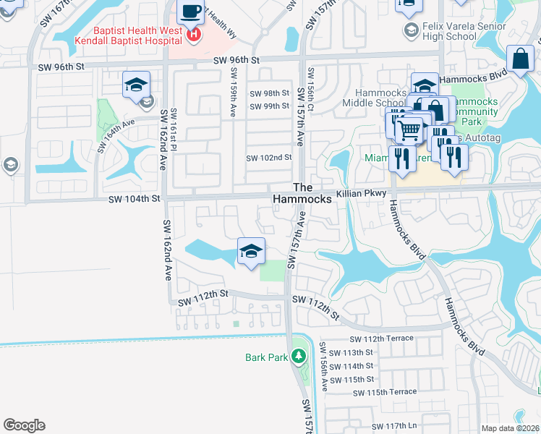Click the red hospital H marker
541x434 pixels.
(x=193, y=34)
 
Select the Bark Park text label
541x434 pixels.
(x=265, y=357)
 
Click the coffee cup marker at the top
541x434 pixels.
(x=191, y=12)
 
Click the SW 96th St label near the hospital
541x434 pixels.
(x=236, y=60)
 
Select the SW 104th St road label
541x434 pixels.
(x=134, y=198)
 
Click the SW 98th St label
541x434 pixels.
(x=269, y=93)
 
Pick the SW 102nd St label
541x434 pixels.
(x=269, y=158)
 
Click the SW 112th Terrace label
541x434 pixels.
(x=382, y=339)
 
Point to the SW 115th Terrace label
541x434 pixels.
(x=385, y=392)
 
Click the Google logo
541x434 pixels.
(x=24, y=425)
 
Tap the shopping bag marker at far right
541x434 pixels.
(x=520, y=59)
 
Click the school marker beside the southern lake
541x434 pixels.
(x=251, y=252)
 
